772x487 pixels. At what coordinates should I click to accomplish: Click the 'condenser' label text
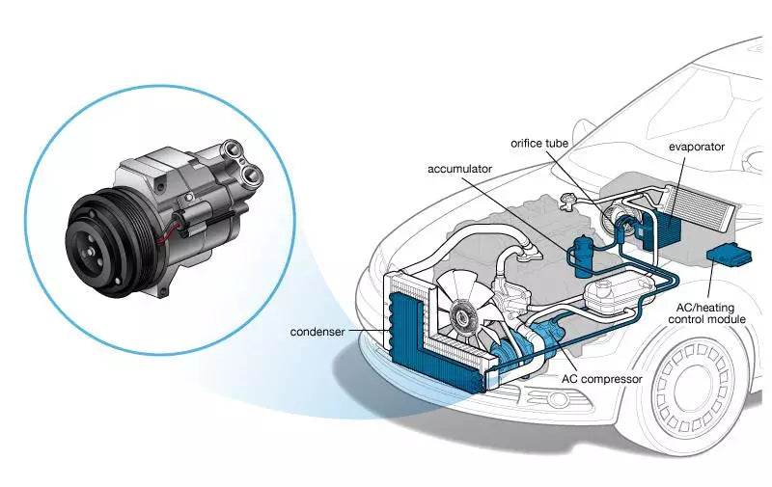[319, 333]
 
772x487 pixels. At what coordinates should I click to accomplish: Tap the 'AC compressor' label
[601, 379]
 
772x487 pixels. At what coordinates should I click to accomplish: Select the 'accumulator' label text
[461, 167]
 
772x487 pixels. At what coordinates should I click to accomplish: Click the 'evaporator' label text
[689, 148]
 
